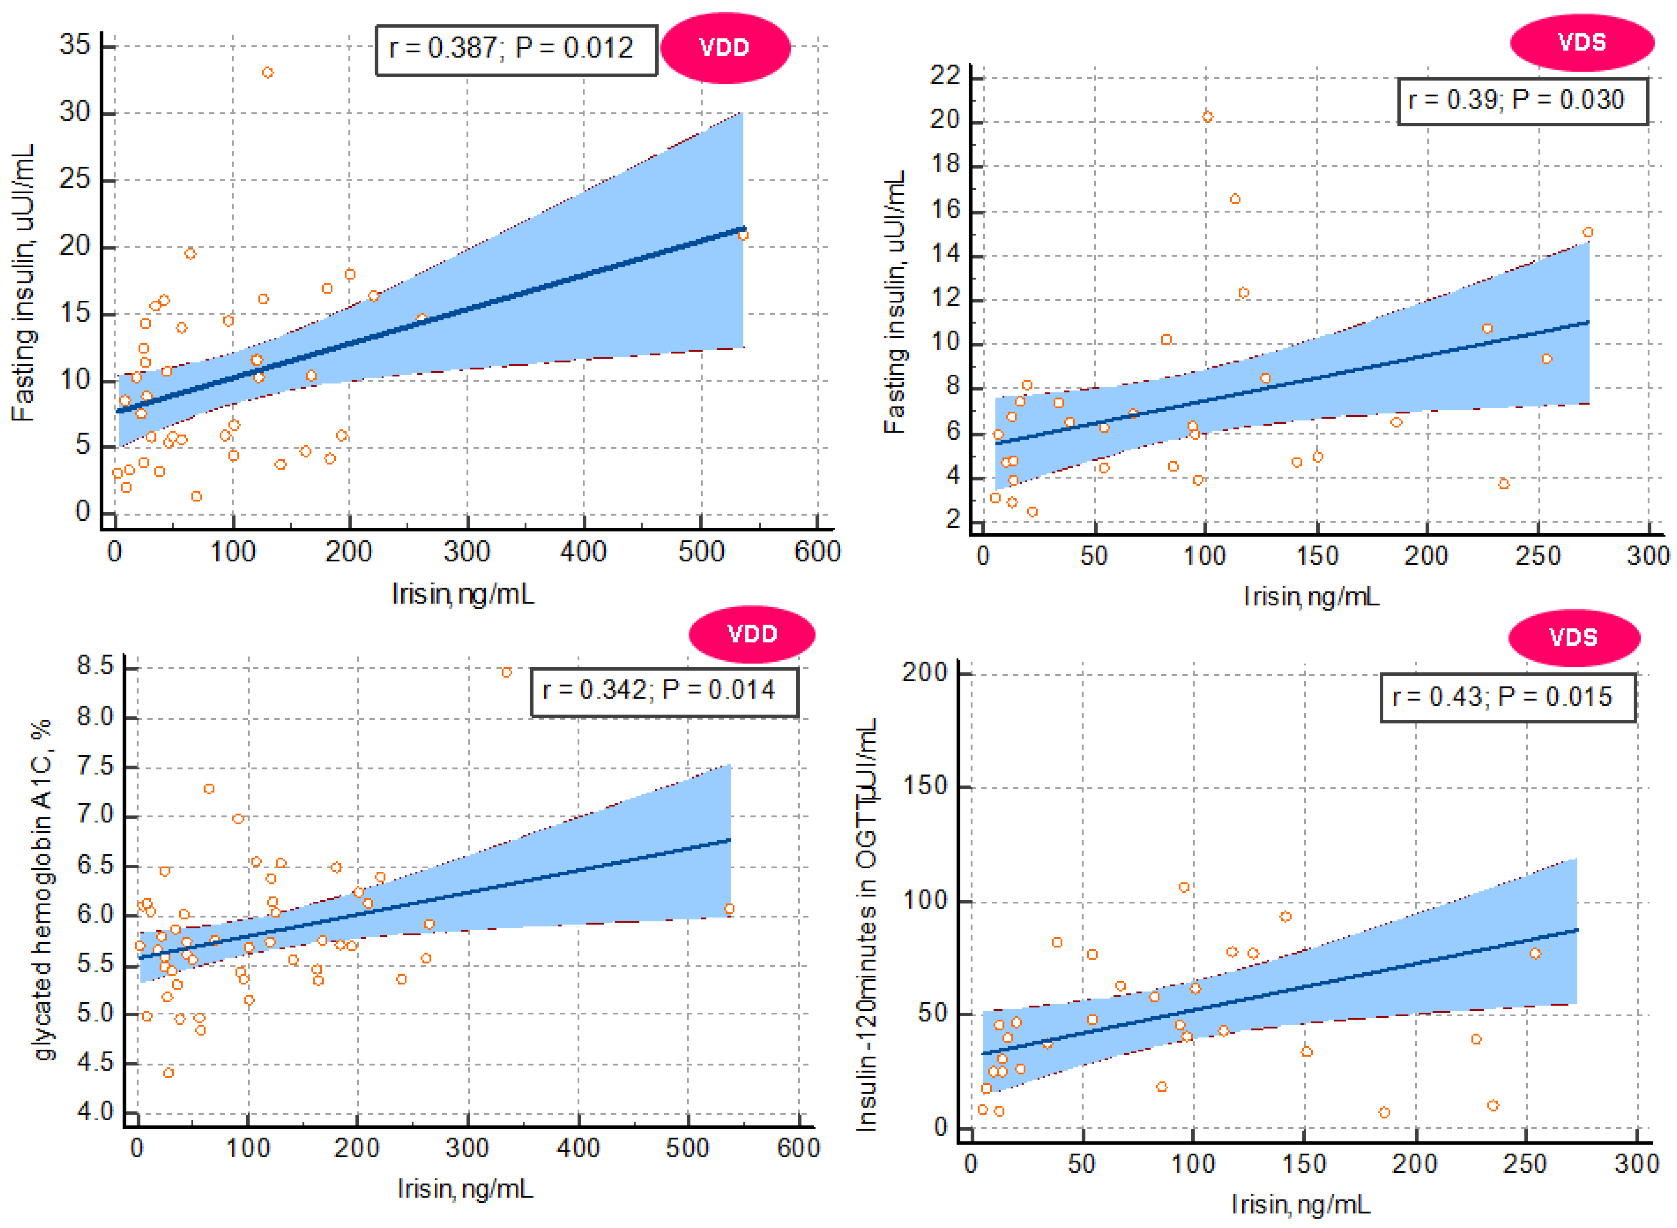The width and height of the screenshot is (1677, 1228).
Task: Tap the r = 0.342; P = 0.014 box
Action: tap(663, 691)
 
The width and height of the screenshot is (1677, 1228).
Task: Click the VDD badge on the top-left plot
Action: tap(725, 48)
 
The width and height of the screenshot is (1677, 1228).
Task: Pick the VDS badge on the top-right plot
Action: tap(1581, 43)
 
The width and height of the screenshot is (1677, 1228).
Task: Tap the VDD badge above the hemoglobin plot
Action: tap(751, 634)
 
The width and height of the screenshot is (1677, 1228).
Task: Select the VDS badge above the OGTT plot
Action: tap(1573, 637)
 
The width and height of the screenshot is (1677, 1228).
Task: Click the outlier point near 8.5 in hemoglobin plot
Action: tap(506, 672)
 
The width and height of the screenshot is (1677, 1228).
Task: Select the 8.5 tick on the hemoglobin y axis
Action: tap(95, 666)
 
